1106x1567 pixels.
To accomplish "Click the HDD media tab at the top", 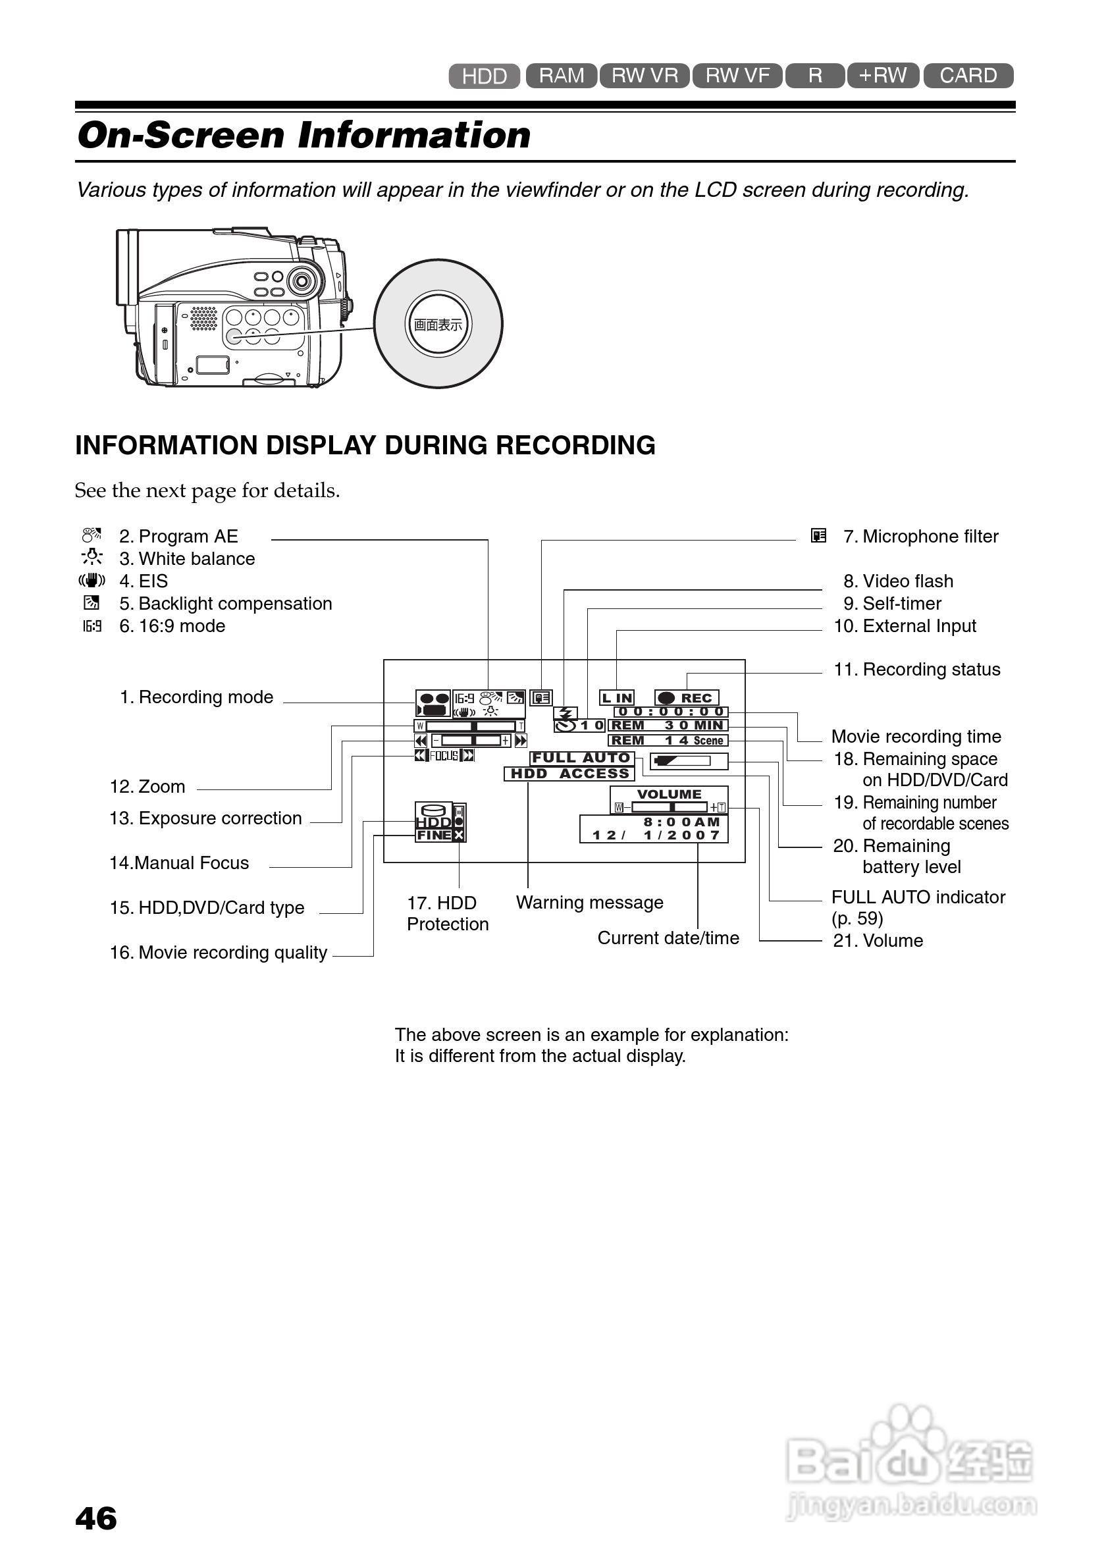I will pyautogui.click(x=484, y=76).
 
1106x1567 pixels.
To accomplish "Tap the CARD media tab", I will pyautogui.click(x=968, y=75).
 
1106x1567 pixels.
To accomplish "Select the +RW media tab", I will pyautogui.click(x=882, y=75).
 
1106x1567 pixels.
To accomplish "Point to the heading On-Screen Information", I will pyautogui.click(x=304, y=135).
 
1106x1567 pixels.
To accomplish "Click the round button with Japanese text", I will pyautogui.click(x=438, y=324).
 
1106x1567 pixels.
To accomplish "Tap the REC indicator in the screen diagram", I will pyautogui.click(x=687, y=697).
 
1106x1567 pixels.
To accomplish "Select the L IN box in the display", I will pyautogui.click(x=617, y=697).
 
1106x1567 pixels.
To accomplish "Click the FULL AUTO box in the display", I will pyautogui.click(x=581, y=758).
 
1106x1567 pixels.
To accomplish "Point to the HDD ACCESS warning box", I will pyautogui.click(x=569, y=773).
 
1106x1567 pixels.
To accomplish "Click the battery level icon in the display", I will pyautogui.click(x=689, y=760).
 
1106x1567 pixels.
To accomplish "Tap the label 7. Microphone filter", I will pyautogui.click(x=920, y=537).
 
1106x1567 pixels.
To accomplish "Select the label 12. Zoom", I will pyautogui.click(x=147, y=787).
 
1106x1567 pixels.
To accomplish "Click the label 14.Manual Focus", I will pyautogui.click(x=179, y=863).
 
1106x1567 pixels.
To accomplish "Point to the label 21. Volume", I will pyautogui.click(x=878, y=941).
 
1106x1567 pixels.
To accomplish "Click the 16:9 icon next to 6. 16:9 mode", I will pyautogui.click(x=92, y=626).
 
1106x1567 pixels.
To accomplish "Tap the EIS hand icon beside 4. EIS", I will pyautogui.click(x=92, y=581).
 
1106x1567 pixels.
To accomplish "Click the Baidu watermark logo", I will pyautogui.click(x=910, y=1463).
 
